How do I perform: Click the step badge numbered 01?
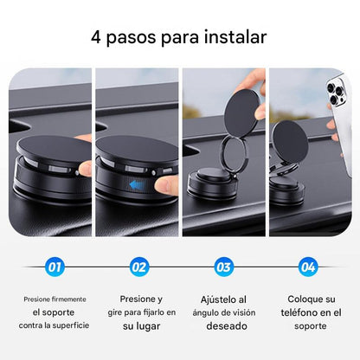point(55,267)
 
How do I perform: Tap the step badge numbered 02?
point(138,267)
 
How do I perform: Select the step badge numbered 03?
point(223,267)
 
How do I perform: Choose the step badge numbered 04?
point(307,267)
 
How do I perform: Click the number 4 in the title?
point(97,38)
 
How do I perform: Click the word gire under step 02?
point(115,312)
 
